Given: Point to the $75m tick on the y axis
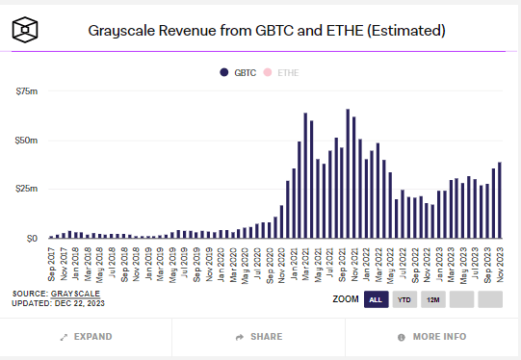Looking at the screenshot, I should (25, 90).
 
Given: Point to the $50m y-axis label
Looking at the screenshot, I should (25, 140).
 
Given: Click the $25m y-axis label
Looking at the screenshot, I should (25, 189).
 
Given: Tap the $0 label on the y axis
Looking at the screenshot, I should (31, 238).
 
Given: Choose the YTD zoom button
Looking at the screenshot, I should (405, 299).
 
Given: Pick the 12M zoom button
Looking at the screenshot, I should (433, 299).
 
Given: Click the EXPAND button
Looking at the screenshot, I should (86, 337).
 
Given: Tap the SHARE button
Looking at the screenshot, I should (259, 337).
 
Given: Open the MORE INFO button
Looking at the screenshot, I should (432, 337).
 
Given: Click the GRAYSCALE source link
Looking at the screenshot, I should (76, 293).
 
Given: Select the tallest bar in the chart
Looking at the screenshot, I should (348, 173).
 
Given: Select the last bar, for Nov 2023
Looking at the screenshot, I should (499, 200).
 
